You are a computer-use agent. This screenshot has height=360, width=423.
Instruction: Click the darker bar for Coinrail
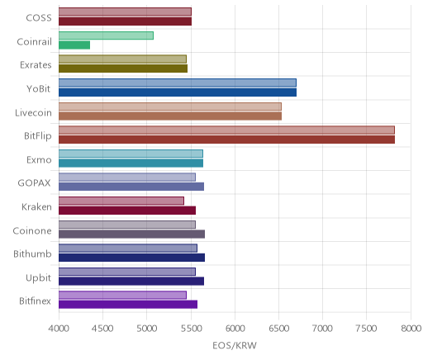74,45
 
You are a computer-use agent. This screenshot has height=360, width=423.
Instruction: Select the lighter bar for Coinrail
106,36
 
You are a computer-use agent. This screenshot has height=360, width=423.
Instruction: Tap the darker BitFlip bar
226,140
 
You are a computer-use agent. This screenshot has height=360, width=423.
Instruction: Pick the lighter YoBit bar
178,83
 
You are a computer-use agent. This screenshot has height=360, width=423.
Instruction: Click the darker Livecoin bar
170,116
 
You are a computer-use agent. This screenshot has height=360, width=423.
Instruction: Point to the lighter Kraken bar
121,201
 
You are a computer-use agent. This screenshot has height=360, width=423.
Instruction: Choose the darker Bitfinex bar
128,305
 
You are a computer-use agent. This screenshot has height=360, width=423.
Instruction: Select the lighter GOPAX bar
127,177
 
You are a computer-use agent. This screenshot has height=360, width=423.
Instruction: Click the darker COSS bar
125,21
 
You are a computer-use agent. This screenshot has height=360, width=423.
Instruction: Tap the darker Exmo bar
131,163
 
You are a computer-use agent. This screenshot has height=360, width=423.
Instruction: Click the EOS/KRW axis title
235,345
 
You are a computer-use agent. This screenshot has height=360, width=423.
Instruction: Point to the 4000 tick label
59,329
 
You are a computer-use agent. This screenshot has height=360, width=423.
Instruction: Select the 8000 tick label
411,329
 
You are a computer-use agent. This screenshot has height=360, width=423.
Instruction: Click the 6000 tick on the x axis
235,329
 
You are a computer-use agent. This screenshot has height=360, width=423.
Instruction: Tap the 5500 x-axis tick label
191,329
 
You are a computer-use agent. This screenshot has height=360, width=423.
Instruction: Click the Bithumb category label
32,253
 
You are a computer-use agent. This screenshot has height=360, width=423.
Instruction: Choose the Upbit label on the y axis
38,277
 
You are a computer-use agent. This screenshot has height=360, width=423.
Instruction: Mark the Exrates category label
36,65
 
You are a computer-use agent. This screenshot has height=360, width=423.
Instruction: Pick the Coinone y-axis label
32,230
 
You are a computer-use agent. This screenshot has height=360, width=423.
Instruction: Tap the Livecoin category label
33,112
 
